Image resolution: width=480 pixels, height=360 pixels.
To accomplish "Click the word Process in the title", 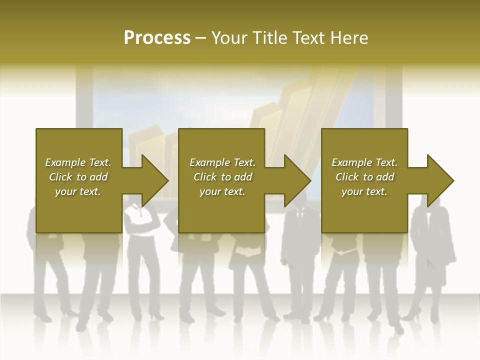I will click(157, 38).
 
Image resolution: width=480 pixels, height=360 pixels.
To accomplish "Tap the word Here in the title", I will click(349, 38).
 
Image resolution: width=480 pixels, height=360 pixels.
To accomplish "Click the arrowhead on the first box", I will click(152, 180).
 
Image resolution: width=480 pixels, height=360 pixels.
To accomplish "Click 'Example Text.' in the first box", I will click(78, 162).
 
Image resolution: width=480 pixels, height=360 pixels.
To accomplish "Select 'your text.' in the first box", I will click(78, 191).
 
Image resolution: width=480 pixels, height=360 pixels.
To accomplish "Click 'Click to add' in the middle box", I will click(222, 177).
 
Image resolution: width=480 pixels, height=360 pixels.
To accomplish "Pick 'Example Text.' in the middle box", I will click(222, 162).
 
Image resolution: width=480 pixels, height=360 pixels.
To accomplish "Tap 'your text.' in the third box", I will click(364, 191).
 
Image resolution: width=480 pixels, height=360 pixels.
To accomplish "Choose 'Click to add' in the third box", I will click(364, 177).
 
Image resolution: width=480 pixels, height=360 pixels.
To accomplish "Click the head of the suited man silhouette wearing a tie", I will click(300, 198).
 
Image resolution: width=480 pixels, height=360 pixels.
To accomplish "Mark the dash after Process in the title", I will click(201, 38).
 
